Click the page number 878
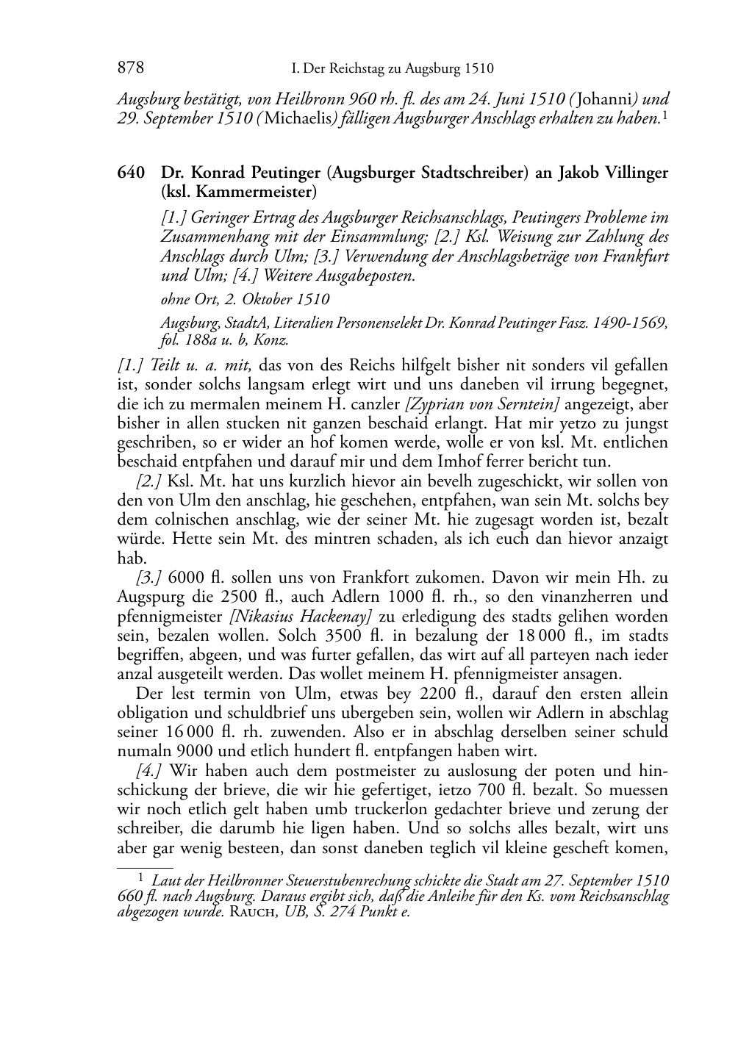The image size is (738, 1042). point(130,68)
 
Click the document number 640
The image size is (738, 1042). point(130,173)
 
